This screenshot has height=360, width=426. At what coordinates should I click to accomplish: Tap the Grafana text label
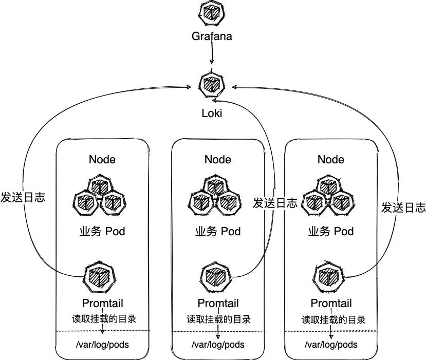212,36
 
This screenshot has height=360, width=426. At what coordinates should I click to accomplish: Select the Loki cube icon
212,85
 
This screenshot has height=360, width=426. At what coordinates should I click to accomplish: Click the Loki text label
212,113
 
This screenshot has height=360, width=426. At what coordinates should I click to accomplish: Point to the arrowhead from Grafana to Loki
212,62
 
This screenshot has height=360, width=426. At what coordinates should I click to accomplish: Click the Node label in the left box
102,159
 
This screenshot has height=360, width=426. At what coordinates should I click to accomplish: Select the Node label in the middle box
218,159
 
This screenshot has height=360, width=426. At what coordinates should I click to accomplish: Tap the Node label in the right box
331,159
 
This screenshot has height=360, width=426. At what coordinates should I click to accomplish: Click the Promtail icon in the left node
99,277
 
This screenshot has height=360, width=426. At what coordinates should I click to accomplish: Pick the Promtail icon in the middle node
216,277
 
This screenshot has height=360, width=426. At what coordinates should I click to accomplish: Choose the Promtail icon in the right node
328,277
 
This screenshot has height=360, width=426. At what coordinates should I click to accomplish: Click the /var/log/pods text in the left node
102,345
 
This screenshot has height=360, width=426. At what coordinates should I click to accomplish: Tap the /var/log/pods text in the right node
331,345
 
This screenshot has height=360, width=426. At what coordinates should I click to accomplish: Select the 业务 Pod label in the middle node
218,231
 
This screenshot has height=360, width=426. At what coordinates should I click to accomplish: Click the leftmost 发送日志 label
23,197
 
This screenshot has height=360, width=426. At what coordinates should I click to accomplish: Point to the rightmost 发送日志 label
403,207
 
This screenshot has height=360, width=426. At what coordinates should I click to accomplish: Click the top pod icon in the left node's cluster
100,186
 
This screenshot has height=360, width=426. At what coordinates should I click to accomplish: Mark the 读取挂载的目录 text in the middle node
219,319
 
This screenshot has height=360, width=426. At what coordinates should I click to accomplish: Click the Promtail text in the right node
331,304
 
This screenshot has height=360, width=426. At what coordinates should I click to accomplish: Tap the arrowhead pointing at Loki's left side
189,87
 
